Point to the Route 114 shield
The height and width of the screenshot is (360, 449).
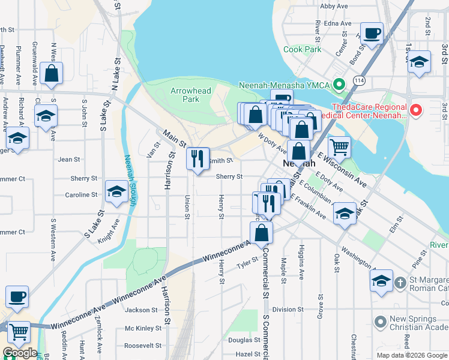click(x=359, y=80)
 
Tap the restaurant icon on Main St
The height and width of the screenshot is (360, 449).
click(x=197, y=158)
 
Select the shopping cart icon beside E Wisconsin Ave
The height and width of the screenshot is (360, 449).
click(x=339, y=146)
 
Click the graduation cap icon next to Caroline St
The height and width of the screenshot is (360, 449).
click(x=116, y=191)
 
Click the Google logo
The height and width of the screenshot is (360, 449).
click(x=19, y=353)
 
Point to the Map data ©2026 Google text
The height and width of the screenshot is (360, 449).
click(x=412, y=355)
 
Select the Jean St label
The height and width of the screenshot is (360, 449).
click(x=69, y=159)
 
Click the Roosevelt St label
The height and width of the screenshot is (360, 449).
click(x=143, y=346)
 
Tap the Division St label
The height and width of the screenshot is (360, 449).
click(x=284, y=310)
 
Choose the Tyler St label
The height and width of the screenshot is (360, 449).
click(x=246, y=263)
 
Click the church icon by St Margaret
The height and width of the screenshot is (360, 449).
click(x=381, y=280)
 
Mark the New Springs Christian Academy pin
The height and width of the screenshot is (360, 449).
click(x=379, y=323)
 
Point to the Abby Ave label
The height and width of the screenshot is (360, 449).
click(x=334, y=6)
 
